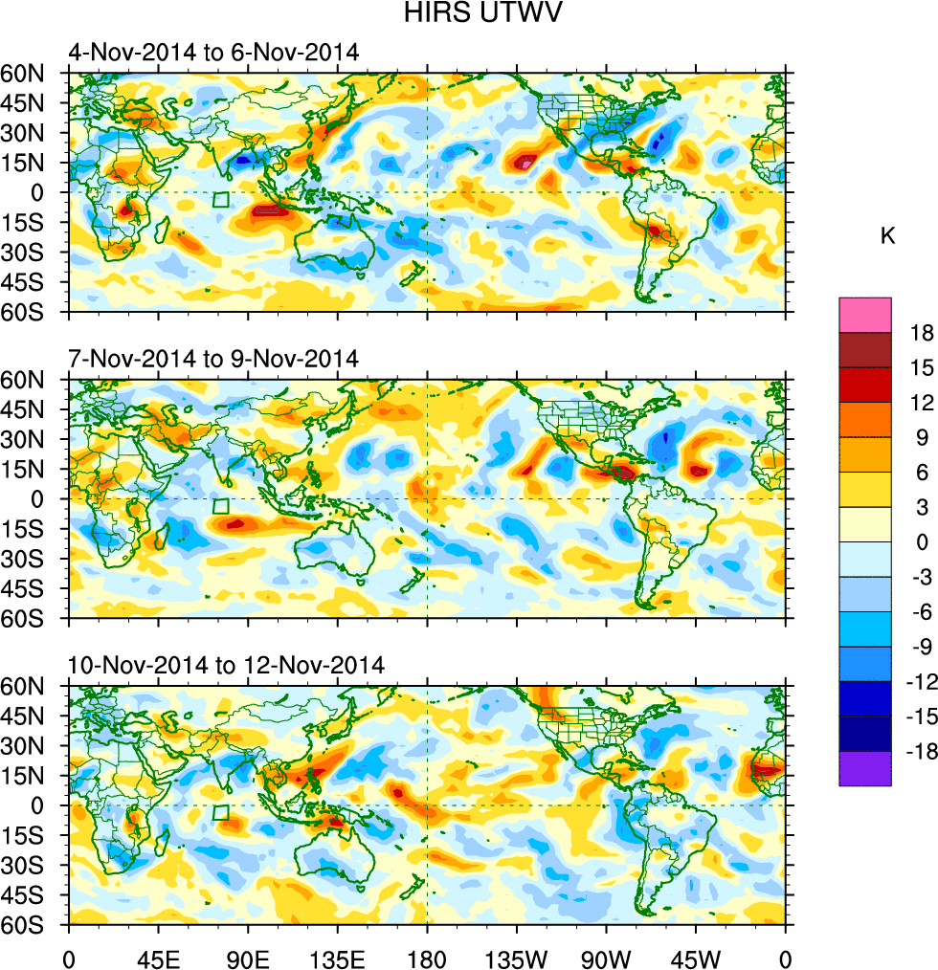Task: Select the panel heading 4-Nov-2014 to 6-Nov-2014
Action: point(213,53)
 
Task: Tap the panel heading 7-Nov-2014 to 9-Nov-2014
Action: point(213,359)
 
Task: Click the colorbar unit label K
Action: point(887,235)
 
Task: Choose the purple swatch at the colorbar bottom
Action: point(865,769)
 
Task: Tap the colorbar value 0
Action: point(922,542)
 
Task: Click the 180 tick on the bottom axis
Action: point(426,957)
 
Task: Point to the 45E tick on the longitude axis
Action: point(157,957)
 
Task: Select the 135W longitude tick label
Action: point(516,957)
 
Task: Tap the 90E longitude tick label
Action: point(247,957)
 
